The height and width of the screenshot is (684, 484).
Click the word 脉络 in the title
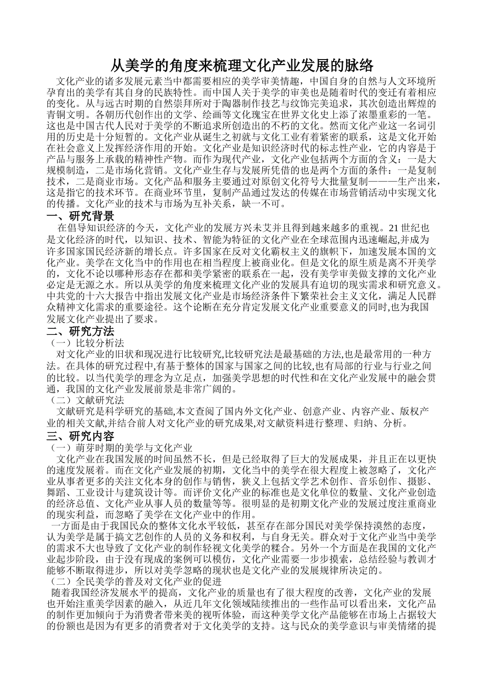coord(360,66)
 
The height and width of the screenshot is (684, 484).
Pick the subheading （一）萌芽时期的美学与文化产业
coord(119,448)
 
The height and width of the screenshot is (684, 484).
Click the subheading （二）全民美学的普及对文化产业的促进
coord(134,580)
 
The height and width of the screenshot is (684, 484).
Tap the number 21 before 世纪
coord(392,227)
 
